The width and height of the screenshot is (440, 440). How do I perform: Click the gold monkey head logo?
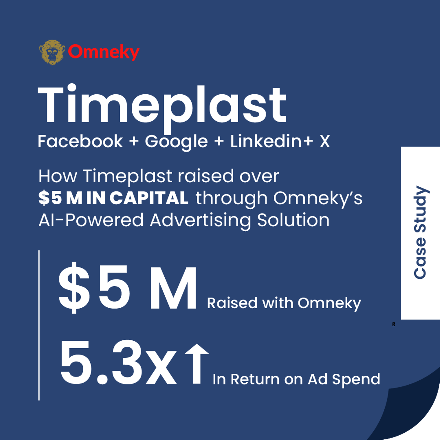(52, 52)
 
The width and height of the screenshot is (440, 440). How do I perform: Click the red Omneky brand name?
(104, 52)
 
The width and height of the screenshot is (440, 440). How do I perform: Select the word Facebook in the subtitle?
(80, 141)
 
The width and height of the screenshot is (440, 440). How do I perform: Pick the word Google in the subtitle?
(176, 142)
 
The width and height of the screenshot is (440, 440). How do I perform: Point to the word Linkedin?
(266, 141)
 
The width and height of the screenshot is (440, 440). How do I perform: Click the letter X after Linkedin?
(324, 141)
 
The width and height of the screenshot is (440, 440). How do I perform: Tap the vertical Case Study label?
(420, 232)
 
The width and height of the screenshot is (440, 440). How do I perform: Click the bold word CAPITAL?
(149, 198)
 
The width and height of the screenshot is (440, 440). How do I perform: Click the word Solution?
(293, 220)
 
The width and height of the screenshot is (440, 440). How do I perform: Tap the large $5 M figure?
(127, 288)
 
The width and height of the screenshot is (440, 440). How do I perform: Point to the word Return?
(255, 379)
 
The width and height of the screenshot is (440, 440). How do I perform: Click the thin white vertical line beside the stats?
(39, 325)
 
